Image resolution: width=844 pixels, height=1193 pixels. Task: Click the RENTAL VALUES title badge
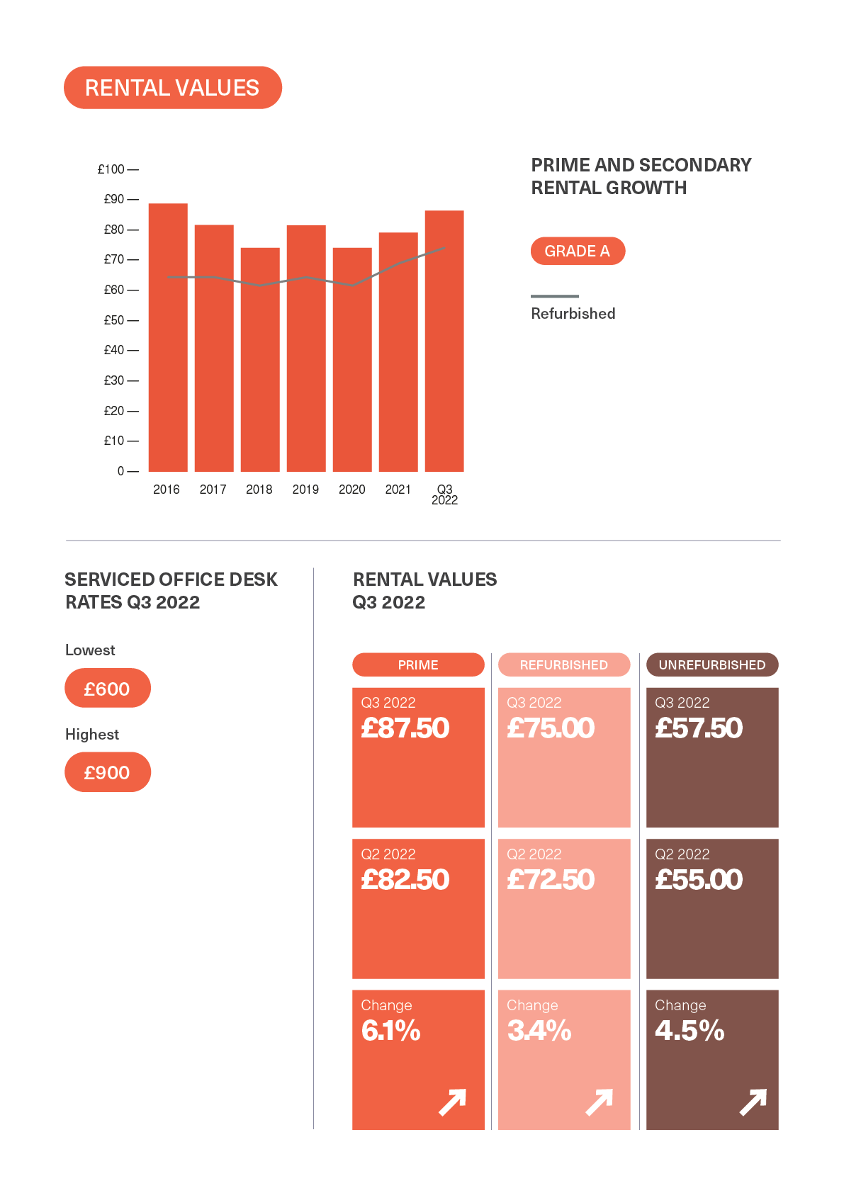(x=172, y=88)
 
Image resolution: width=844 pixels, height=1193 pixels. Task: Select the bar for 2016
(x=168, y=337)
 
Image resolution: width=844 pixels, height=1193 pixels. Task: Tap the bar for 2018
(x=260, y=359)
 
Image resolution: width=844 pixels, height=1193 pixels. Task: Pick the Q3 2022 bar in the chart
(x=444, y=341)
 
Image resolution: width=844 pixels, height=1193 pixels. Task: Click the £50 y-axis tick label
(x=114, y=320)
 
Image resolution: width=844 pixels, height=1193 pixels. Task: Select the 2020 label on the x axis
(x=351, y=490)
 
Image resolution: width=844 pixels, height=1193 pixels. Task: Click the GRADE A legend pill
(x=578, y=251)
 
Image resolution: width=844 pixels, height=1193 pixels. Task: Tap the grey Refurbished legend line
(x=555, y=296)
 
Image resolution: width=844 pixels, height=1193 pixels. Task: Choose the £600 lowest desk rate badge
(x=108, y=689)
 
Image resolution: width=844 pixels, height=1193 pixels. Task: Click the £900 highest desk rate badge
(x=108, y=772)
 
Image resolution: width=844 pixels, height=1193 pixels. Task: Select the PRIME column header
(x=418, y=665)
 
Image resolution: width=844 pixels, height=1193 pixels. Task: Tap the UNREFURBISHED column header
(x=712, y=665)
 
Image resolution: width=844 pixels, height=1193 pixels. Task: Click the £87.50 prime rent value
(x=405, y=728)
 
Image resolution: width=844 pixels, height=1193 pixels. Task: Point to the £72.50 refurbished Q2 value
(x=551, y=880)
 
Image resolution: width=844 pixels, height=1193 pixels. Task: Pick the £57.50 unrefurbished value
(x=699, y=728)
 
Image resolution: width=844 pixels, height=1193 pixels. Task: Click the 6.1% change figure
(x=391, y=1031)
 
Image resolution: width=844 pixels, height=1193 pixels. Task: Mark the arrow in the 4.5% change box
(x=753, y=1102)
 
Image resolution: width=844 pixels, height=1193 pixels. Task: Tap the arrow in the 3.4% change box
(x=599, y=1102)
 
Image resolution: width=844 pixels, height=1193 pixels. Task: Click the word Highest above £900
(x=92, y=735)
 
